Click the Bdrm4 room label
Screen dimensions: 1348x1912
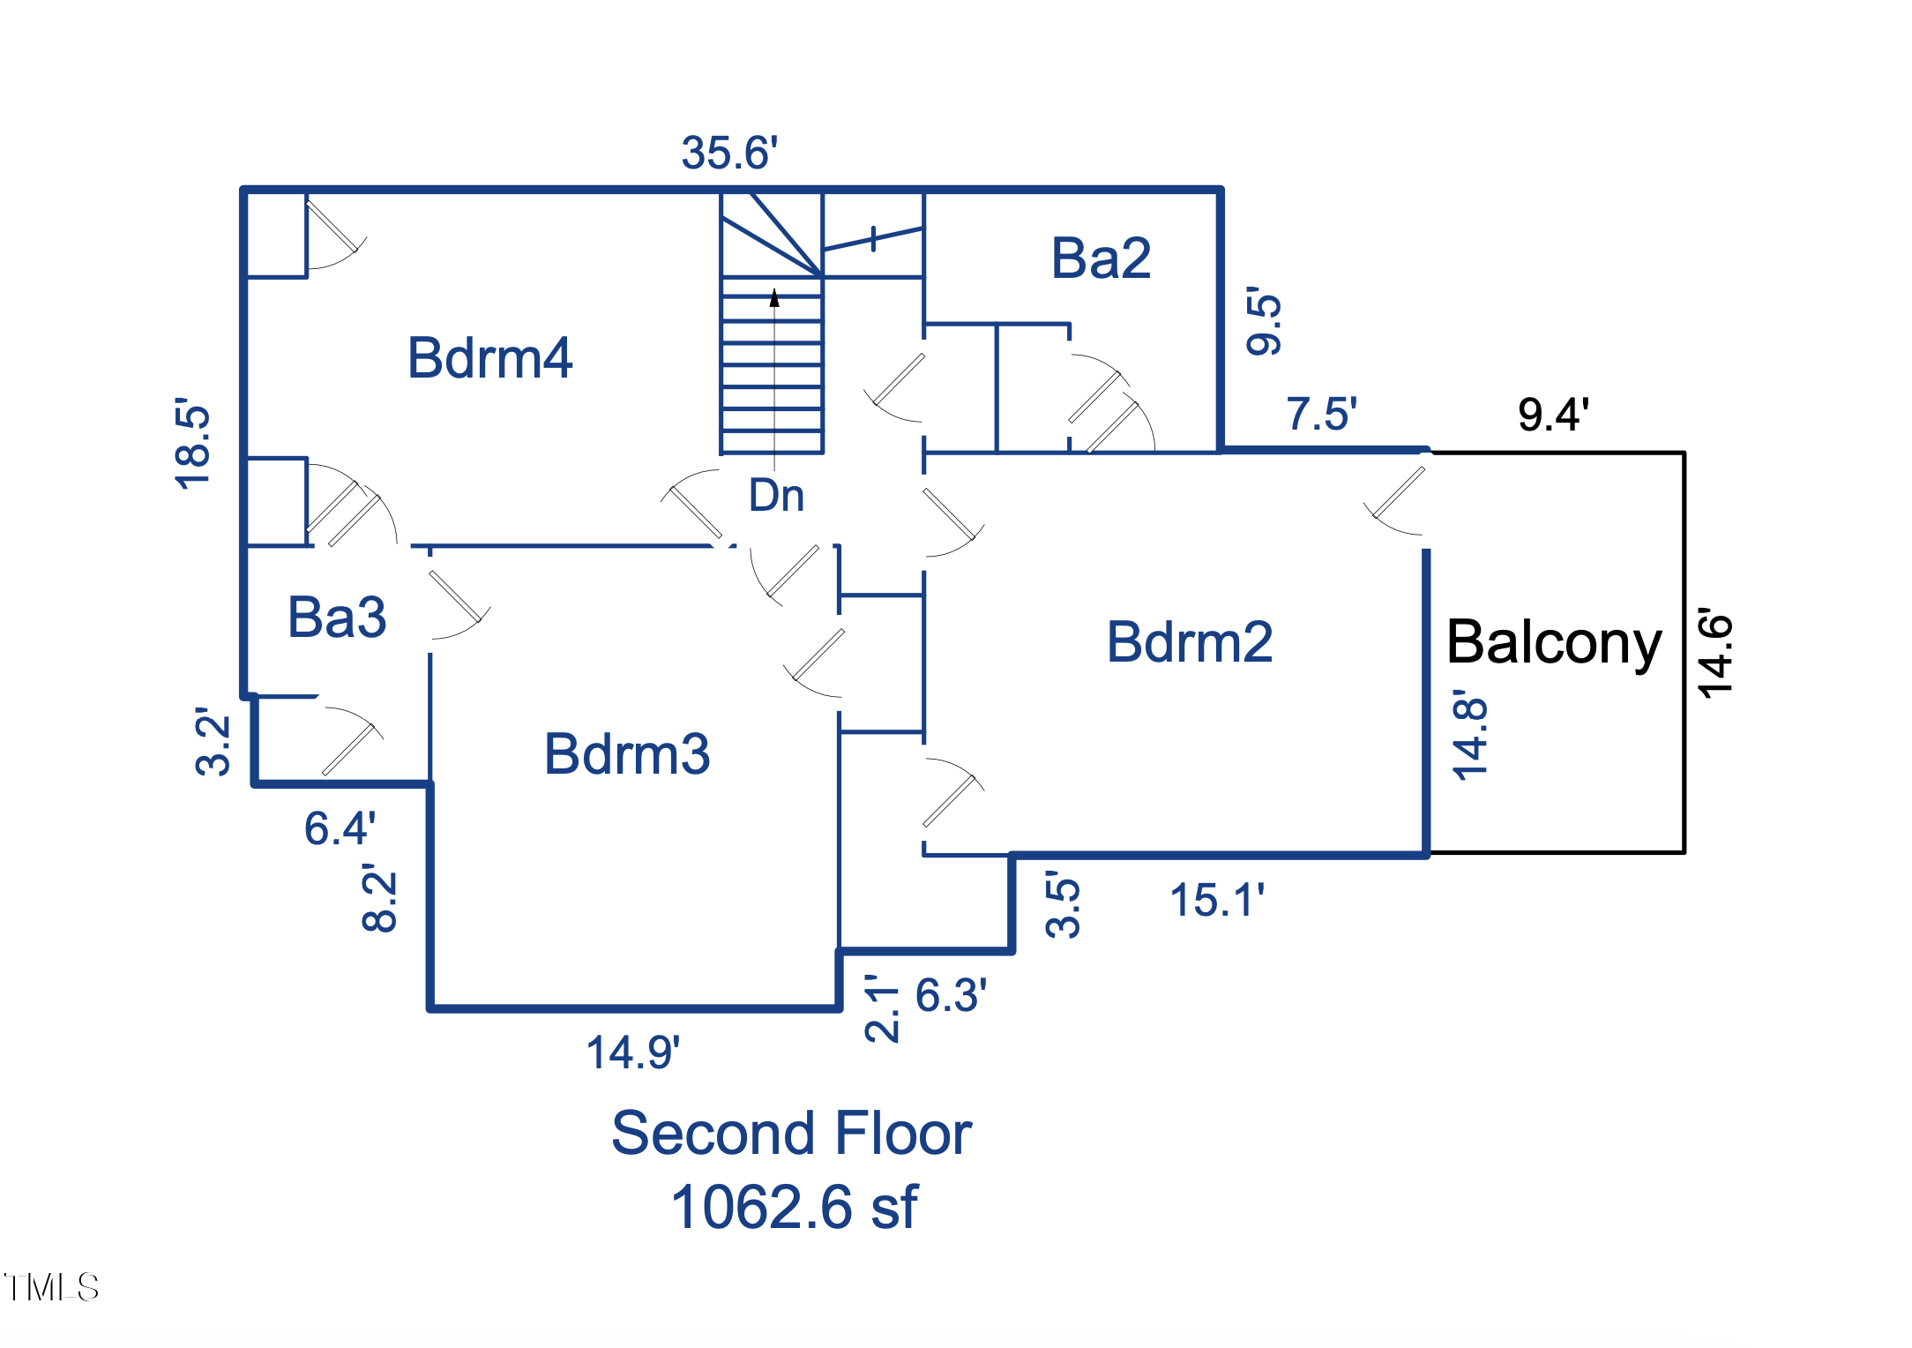coord(489,358)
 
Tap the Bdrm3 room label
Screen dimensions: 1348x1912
coord(627,754)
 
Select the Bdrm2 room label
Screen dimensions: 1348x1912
coord(1190,641)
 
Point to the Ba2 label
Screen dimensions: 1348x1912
coord(1101,258)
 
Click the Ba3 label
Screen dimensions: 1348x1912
coord(337,617)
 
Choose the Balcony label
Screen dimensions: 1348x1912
coord(1554,642)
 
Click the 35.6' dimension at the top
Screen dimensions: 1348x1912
coord(729,153)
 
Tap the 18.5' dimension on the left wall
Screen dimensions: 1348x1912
coord(193,443)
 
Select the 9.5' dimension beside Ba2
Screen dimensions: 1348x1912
coord(1264,320)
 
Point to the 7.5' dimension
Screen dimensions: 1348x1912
coord(1321,414)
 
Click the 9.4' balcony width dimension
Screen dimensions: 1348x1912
coord(1553,414)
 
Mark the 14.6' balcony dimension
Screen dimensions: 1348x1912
coord(1716,653)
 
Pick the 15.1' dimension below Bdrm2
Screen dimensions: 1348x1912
coord(1217,901)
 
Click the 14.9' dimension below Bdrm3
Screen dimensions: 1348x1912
coord(633,1052)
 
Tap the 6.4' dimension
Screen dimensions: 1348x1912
coord(340,828)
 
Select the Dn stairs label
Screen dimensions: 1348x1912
coord(776,496)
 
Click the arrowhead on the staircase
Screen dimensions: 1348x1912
coord(774,298)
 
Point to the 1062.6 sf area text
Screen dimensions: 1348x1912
coord(794,1207)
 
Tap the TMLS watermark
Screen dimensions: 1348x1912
coord(51,1287)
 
